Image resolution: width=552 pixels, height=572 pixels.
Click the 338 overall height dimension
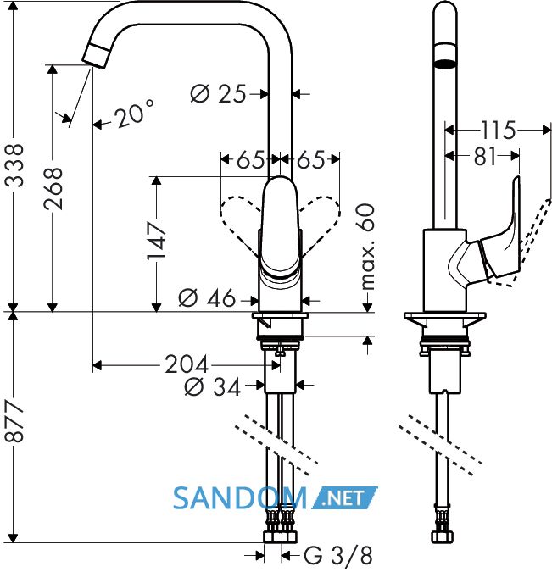coord(14,166)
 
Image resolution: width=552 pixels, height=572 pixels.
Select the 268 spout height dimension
coord(53,189)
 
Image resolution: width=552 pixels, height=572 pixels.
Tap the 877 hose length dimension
coord(14,421)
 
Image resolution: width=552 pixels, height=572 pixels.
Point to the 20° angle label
coord(133,114)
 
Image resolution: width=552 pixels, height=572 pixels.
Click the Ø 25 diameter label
coord(218,94)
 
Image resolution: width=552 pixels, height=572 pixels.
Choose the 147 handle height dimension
coord(157,241)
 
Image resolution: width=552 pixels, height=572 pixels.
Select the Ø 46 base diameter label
coord(207,298)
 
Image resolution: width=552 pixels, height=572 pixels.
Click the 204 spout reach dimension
coord(187,364)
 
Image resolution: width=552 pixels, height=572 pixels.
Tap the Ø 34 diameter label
coord(213,386)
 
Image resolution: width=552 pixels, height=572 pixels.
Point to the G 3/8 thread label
coord(338,555)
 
